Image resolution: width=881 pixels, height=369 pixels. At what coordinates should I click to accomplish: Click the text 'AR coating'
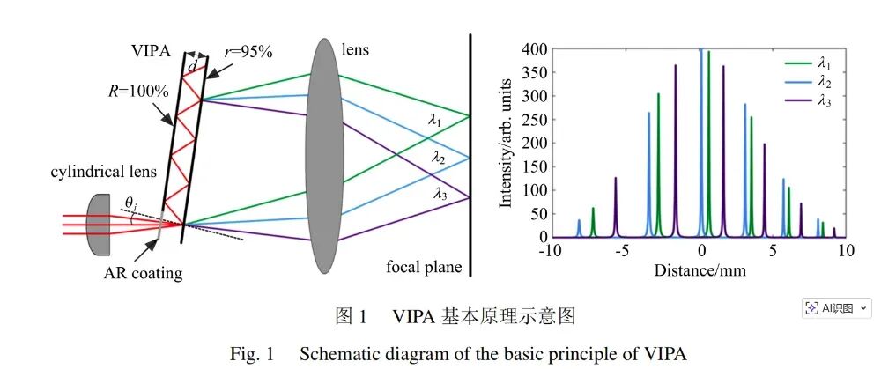pyautogui.click(x=143, y=273)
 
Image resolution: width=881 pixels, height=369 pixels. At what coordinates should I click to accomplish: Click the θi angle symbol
pyautogui.click(x=130, y=204)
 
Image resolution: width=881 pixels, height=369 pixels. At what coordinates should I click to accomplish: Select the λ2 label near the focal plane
pyautogui.click(x=438, y=157)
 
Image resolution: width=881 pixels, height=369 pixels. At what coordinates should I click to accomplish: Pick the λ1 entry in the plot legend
pyautogui.click(x=825, y=63)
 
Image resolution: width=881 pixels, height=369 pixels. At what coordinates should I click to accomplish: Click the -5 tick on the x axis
pyautogui.click(x=623, y=251)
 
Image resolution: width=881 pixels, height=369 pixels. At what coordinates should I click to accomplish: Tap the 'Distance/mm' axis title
pyautogui.click(x=700, y=269)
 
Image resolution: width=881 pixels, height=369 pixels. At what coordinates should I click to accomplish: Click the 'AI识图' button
pyautogui.click(x=836, y=308)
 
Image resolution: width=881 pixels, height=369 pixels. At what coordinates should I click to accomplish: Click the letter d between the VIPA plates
pyautogui.click(x=192, y=66)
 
